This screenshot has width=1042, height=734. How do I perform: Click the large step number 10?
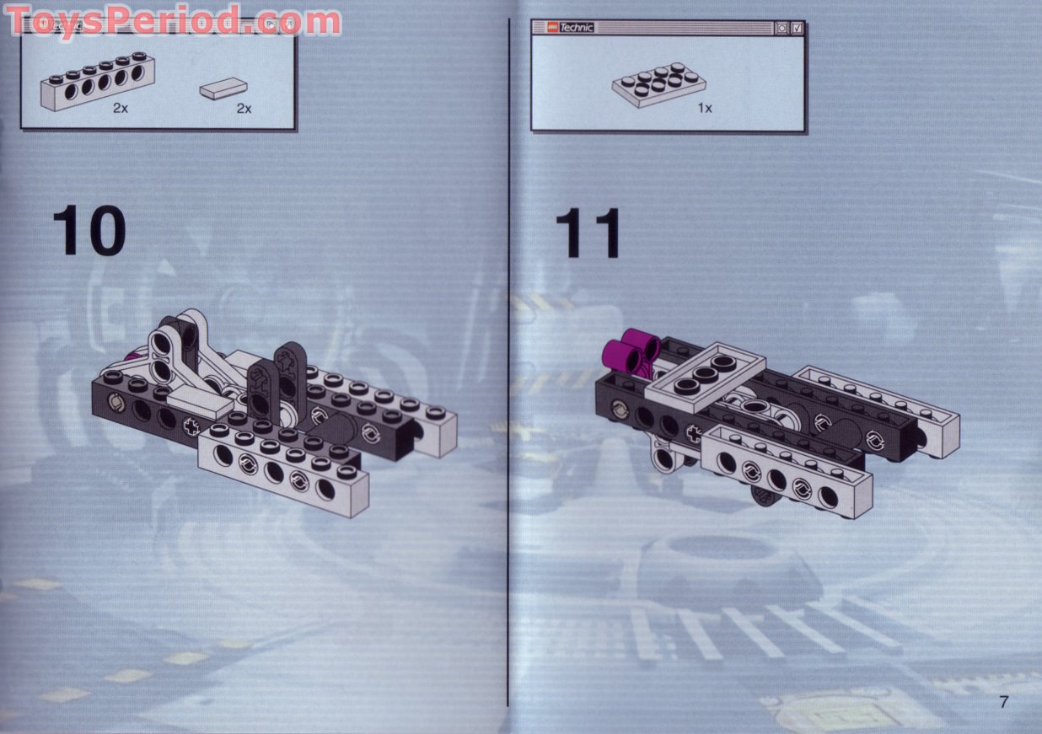89,229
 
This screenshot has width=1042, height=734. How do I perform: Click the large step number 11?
588,233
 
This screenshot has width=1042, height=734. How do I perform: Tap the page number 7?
1003,702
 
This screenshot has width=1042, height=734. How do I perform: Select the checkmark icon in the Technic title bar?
797,28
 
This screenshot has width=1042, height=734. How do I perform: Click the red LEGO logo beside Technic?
547,28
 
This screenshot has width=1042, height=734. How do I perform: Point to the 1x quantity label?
704,108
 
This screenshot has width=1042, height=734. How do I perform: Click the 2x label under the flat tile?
244,109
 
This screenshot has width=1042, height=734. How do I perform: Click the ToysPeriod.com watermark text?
173,19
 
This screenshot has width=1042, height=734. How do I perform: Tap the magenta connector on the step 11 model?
639,347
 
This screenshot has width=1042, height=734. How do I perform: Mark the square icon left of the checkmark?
781,28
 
